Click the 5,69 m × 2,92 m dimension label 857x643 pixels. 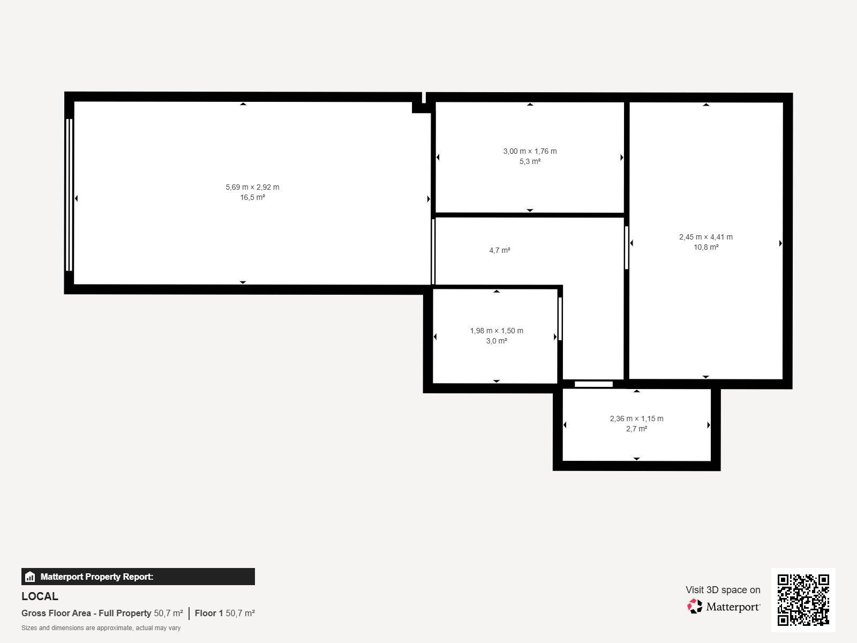click(x=252, y=187)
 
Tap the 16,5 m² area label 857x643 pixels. click(x=252, y=197)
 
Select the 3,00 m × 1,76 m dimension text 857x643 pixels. click(x=530, y=151)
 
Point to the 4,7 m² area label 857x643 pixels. click(x=500, y=250)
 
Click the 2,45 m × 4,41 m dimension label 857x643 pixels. click(x=706, y=237)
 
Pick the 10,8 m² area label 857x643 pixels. click(x=706, y=247)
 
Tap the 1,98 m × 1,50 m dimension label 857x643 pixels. click(x=497, y=331)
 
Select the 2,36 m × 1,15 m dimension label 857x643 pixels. click(x=636, y=418)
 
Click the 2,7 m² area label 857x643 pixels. click(x=636, y=429)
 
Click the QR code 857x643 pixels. click(x=803, y=600)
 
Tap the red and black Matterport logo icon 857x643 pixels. click(x=695, y=607)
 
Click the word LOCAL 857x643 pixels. click(x=40, y=596)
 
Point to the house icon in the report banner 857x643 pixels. click(x=30, y=577)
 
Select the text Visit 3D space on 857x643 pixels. click(x=723, y=590)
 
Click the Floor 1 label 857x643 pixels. click(x=209, y=613)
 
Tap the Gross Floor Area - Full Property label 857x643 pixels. click(x=86, y=613)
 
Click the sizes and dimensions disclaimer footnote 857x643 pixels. click(x=101, y=628)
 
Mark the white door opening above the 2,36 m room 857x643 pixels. click(x=593, y=384)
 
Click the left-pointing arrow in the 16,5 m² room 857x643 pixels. click(x=76, y=198)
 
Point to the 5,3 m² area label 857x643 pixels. click(x=530, y=161)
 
